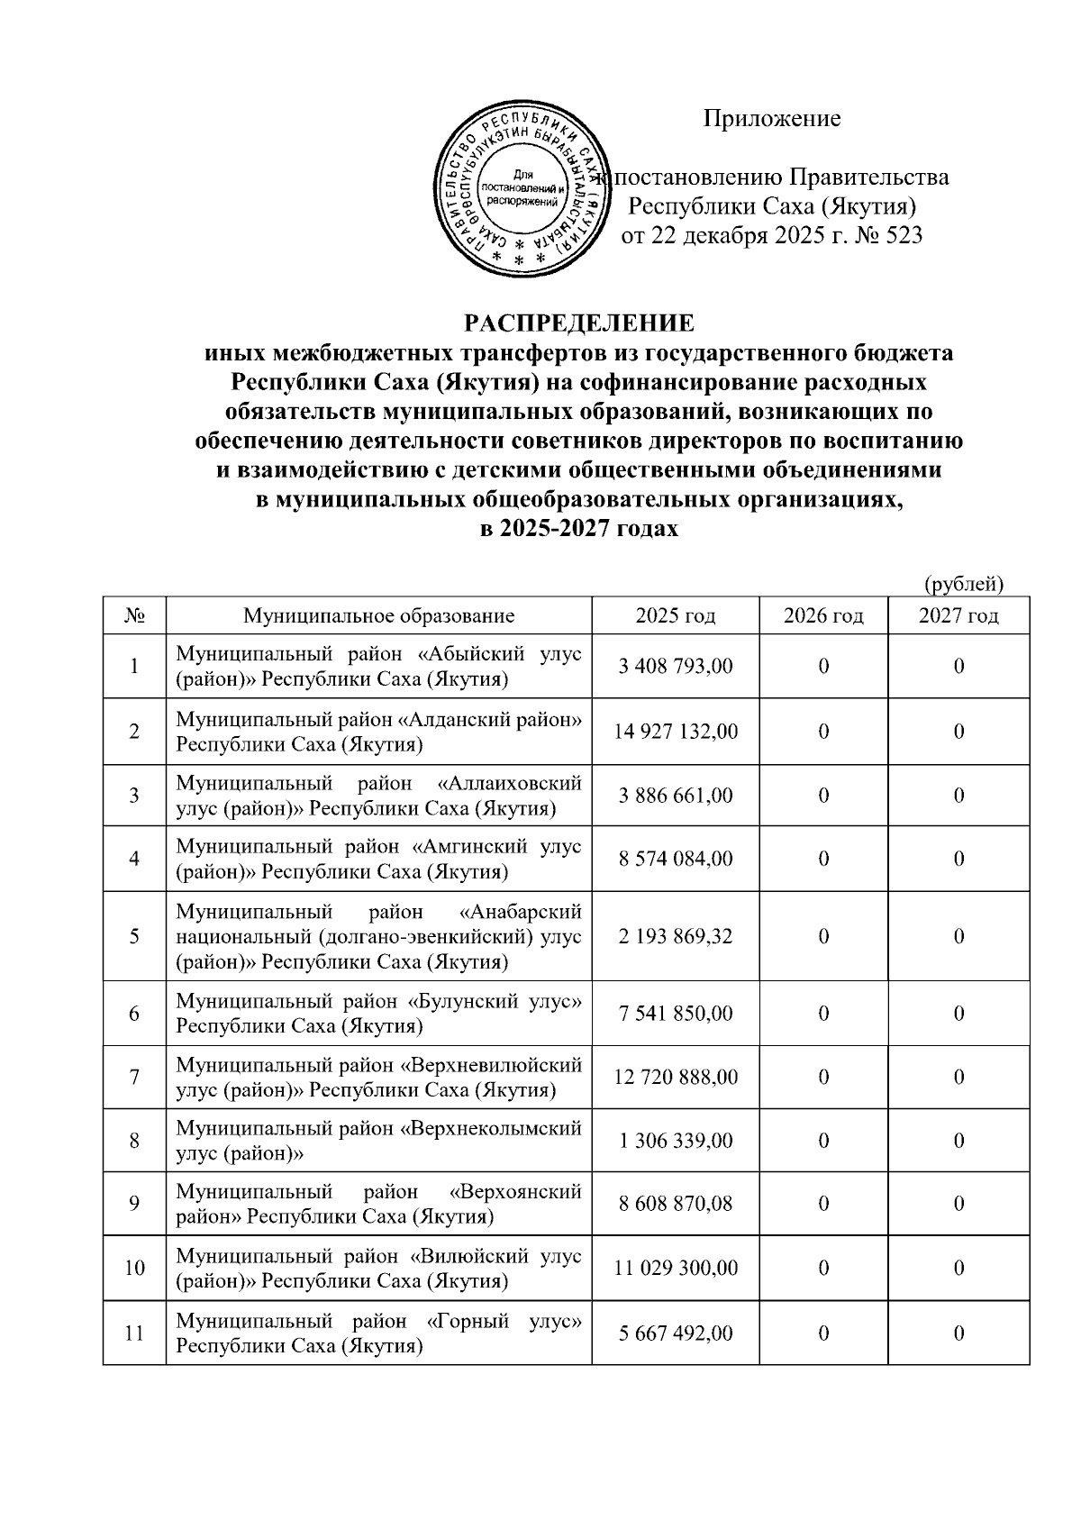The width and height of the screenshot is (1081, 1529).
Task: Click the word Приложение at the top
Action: point(771,119)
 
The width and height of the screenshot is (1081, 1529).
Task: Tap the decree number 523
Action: point(903,236)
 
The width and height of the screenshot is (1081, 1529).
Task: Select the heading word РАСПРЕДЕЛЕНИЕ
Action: point(579,323)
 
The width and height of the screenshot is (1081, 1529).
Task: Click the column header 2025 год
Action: point(675,616)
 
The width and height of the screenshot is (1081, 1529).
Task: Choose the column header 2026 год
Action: point(822,616)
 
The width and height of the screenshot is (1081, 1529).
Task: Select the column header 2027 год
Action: point(958,616)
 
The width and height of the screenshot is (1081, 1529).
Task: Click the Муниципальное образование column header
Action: point(378,616)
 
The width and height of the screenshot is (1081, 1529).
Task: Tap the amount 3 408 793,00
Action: point(675,667)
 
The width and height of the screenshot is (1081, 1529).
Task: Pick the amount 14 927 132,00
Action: point(675,732)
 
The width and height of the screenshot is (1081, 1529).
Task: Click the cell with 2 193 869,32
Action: point(675,937)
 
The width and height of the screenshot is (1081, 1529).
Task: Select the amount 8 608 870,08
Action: point(675,1205)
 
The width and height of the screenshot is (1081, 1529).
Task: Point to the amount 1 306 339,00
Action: point(675,1142)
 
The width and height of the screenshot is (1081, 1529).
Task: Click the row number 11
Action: point(134,1333)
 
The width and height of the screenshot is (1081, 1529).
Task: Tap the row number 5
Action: point(134,937)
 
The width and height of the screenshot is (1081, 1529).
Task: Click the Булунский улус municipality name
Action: point(378,1014)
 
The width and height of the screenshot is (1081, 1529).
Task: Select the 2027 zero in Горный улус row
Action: point(958,1333)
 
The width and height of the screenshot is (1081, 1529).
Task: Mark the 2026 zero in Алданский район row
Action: point(822,732)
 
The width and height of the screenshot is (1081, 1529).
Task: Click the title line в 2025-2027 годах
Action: point(579,530)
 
